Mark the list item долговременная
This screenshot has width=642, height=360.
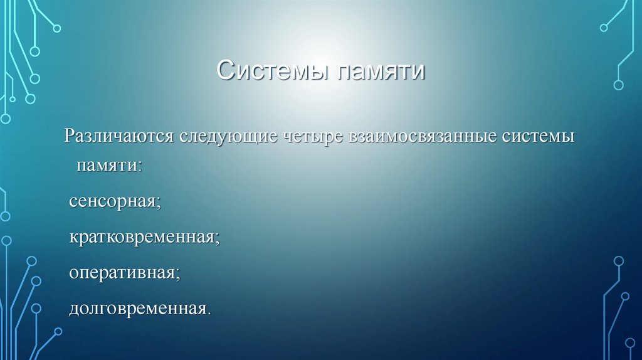(x=137, y=309)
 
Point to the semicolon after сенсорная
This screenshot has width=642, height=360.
(x=159, y=204)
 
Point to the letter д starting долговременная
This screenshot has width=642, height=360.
(x=74, y=310)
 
